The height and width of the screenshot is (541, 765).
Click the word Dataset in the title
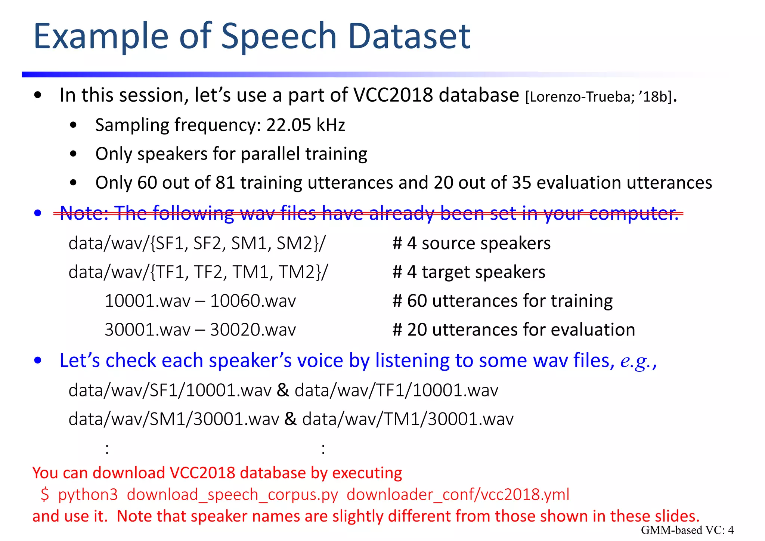point(409,36)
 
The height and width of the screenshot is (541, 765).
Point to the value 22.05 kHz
point(306,125)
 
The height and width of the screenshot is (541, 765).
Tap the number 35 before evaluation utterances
point(521,183)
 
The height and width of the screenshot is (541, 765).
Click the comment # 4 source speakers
point(471,243)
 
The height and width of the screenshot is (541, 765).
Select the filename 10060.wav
point(253,301)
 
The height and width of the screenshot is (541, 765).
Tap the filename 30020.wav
point(253,330)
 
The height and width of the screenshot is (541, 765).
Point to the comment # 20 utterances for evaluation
point(514,330)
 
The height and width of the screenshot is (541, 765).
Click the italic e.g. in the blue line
point(635,361)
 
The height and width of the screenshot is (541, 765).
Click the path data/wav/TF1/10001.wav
point(396,390)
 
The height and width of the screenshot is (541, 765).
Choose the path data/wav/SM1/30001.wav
point(174,419)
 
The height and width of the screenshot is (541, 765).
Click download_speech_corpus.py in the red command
point(232,495)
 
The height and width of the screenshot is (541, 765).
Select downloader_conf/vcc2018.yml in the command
point(458,495)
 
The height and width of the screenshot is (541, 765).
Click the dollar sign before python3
point(45,495)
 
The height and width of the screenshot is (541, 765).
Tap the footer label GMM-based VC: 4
point(687,530)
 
